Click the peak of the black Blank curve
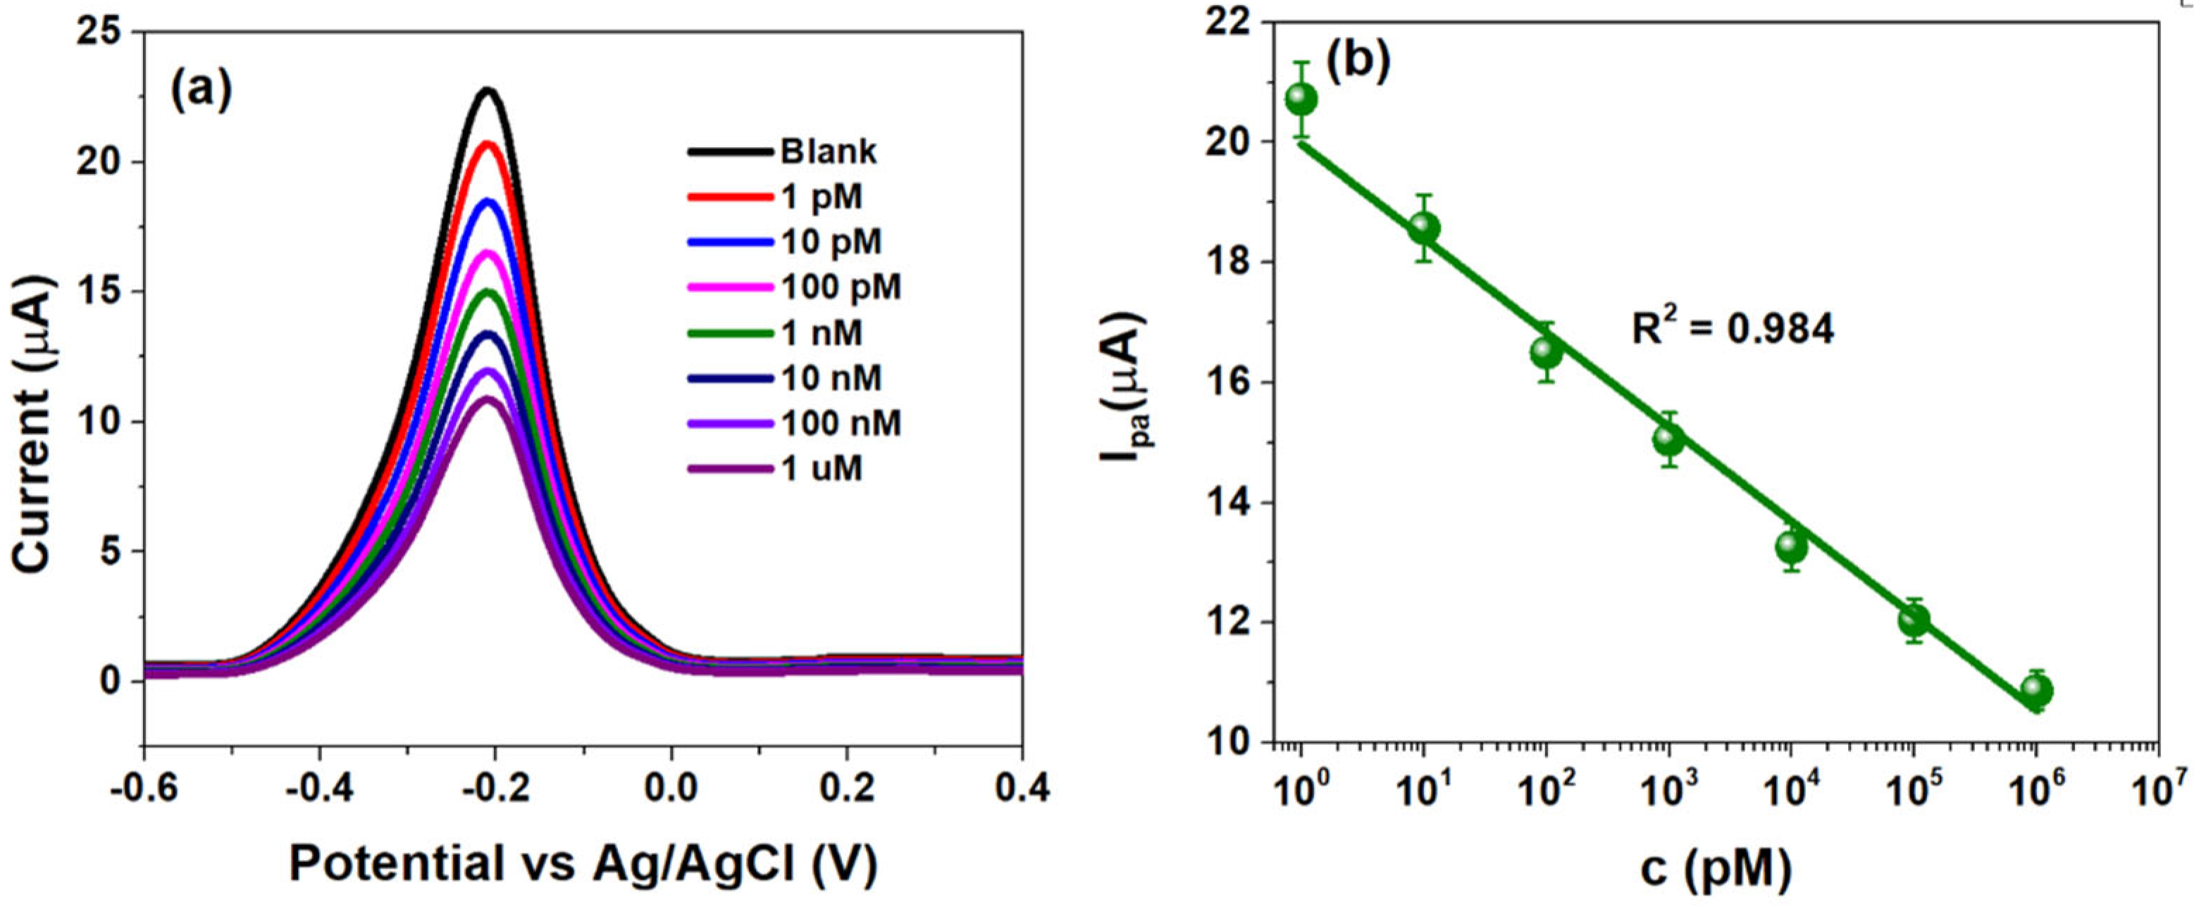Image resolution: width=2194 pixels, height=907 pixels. point(488,89)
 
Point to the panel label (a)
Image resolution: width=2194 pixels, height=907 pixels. point(201,90)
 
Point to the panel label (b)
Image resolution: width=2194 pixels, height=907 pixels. point(1358,61)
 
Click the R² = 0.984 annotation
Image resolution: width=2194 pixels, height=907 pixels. point(1733,329)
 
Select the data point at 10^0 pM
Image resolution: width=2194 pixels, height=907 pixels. point(1301,99)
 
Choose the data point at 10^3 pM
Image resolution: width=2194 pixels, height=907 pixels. point(1669,439)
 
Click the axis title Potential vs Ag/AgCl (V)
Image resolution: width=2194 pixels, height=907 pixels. point(583,865)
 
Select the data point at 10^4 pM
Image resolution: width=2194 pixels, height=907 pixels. point(1792,546)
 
